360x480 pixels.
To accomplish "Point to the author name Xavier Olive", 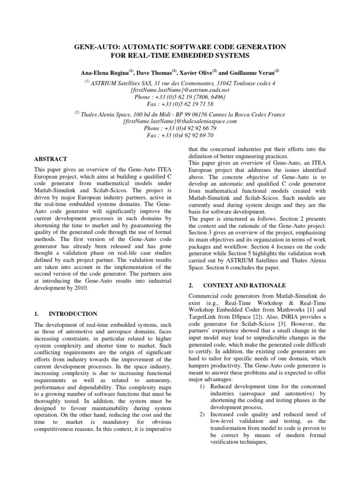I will click(196, 73).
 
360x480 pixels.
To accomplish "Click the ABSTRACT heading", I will click(51, 159).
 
